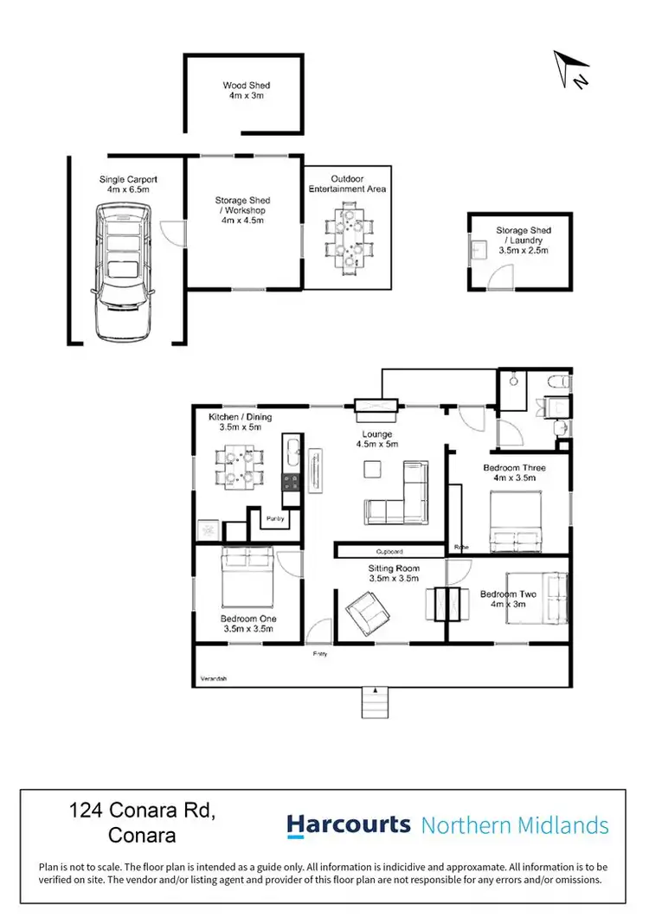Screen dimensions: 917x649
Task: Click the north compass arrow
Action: click(x=572, y=68)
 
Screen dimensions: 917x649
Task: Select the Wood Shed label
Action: click(x=246, y=91)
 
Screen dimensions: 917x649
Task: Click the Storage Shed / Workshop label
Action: click(x=243, y=210)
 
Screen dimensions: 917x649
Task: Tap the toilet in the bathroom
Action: click(x=559, y=381)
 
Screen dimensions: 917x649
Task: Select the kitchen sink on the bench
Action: click(x=291, y=453)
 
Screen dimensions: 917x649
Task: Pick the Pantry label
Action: click(x=275, y=518)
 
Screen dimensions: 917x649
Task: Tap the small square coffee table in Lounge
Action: click(x=372, y=468)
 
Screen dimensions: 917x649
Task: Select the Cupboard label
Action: click(x=389, y=550)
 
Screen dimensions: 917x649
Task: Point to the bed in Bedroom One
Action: click(x=247, y=577)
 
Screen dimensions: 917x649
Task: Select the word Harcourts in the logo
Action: click(x=349, y=824)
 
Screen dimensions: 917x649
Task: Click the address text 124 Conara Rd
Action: click(x=141, y=811)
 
